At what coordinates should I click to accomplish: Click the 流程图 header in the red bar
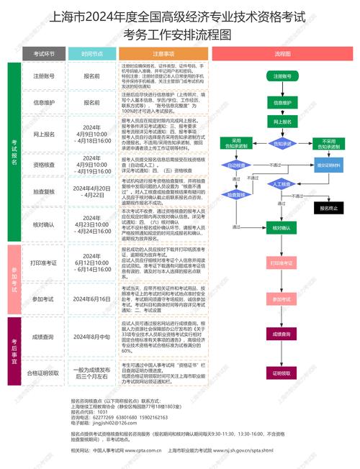pyautogui.click(x=282, y=54)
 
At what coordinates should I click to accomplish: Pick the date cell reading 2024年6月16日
pyautogui.click(x=91, y=299)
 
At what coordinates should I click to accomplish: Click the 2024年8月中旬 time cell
pyautogui.click(x=91, y=336)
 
